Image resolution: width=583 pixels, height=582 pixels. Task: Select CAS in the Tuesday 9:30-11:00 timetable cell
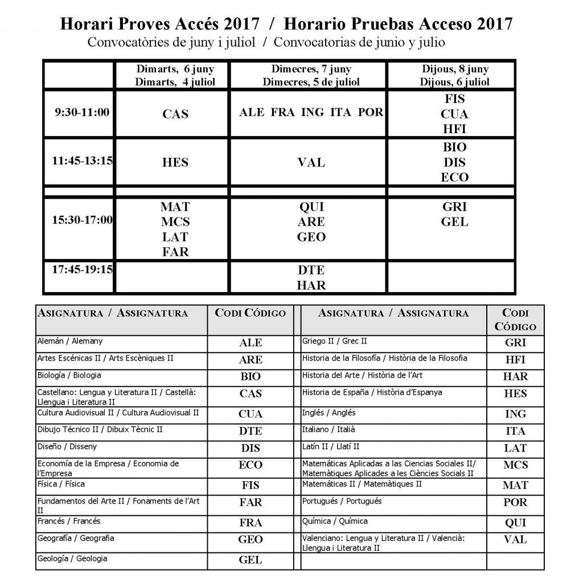pyautogui.click(x=175, y=114)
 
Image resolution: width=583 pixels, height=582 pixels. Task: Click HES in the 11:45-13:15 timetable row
pyautogui.click(x=175, y=163)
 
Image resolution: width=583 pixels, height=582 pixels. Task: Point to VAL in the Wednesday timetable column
pyautogui.click(x=311, y=163)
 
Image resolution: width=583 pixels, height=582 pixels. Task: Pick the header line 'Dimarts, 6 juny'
pyautogui.click(x=175, y=69)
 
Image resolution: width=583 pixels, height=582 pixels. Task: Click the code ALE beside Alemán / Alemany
pyautogui.click(x=251, y=343)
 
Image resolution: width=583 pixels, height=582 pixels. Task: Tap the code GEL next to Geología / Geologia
pyautogui.click(x=251, y=560)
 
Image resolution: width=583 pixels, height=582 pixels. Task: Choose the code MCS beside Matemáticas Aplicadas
pyautogui.click(x=515, y=465)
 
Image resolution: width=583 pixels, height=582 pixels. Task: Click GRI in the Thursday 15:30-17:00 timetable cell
pyautogui.click(x=454, y=207)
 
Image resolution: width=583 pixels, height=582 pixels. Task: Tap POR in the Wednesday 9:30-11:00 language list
pyautogui.click(x=370, y=112)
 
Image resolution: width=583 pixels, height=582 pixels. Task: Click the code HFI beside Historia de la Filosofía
pyautogui.click(x=515, y=360)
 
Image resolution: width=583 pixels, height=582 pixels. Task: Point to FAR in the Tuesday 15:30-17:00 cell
pyautogui.click(x=175, y=251)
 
